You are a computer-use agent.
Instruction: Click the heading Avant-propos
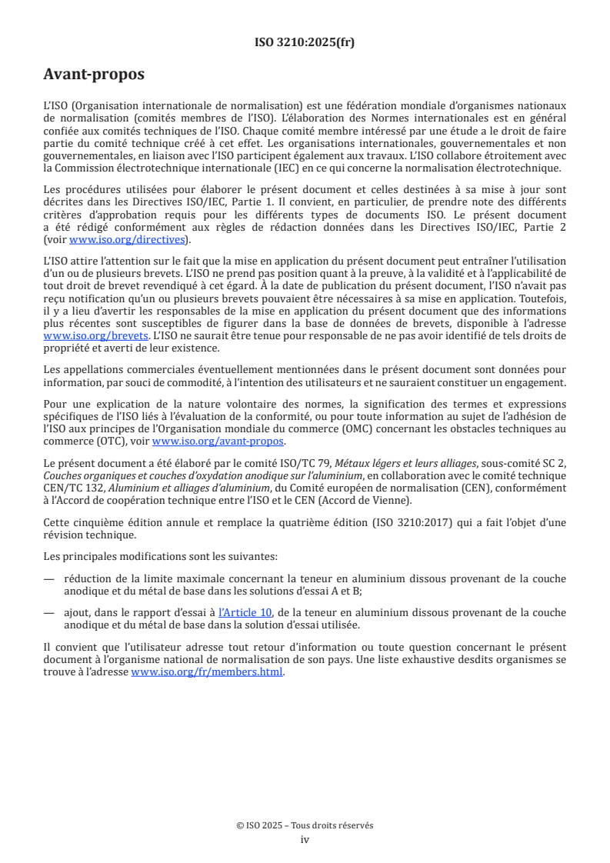(94, 75)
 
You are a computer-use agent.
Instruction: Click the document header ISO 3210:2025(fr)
(305, 43)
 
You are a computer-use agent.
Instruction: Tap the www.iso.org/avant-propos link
(218, 441)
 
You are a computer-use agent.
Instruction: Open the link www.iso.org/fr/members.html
(208, 671)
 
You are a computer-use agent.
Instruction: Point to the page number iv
(305, 839)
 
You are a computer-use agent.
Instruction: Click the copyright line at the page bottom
(305, 825)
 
